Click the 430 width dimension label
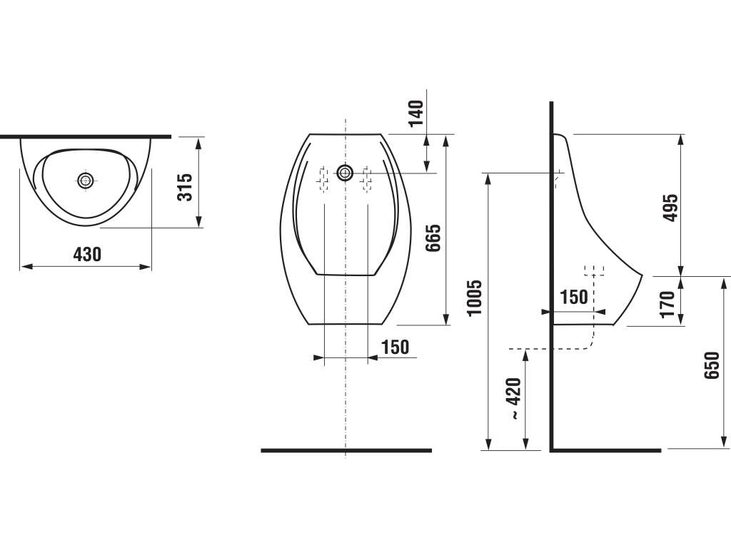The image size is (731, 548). pos(86,253)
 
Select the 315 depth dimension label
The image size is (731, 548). pos(185,187)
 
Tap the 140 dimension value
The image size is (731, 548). pos(416,113)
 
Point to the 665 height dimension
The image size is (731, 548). pos(433,238)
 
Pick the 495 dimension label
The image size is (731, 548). pos(670,208)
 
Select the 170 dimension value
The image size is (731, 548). pos(667,304)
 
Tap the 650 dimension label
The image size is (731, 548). pos(711,365)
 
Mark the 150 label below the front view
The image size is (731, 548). pos(395,347)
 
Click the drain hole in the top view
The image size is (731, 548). pos(86,181)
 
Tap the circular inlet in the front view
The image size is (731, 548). pos(346,173)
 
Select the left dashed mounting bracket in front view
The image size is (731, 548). pos(323,179)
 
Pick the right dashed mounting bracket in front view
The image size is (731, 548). pos(368,179)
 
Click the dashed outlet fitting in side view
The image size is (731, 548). pos(594,271)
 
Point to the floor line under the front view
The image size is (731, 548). pos(346,450)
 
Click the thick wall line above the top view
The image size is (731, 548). pos(86,135)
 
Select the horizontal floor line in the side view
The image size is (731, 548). pos(607,450)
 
